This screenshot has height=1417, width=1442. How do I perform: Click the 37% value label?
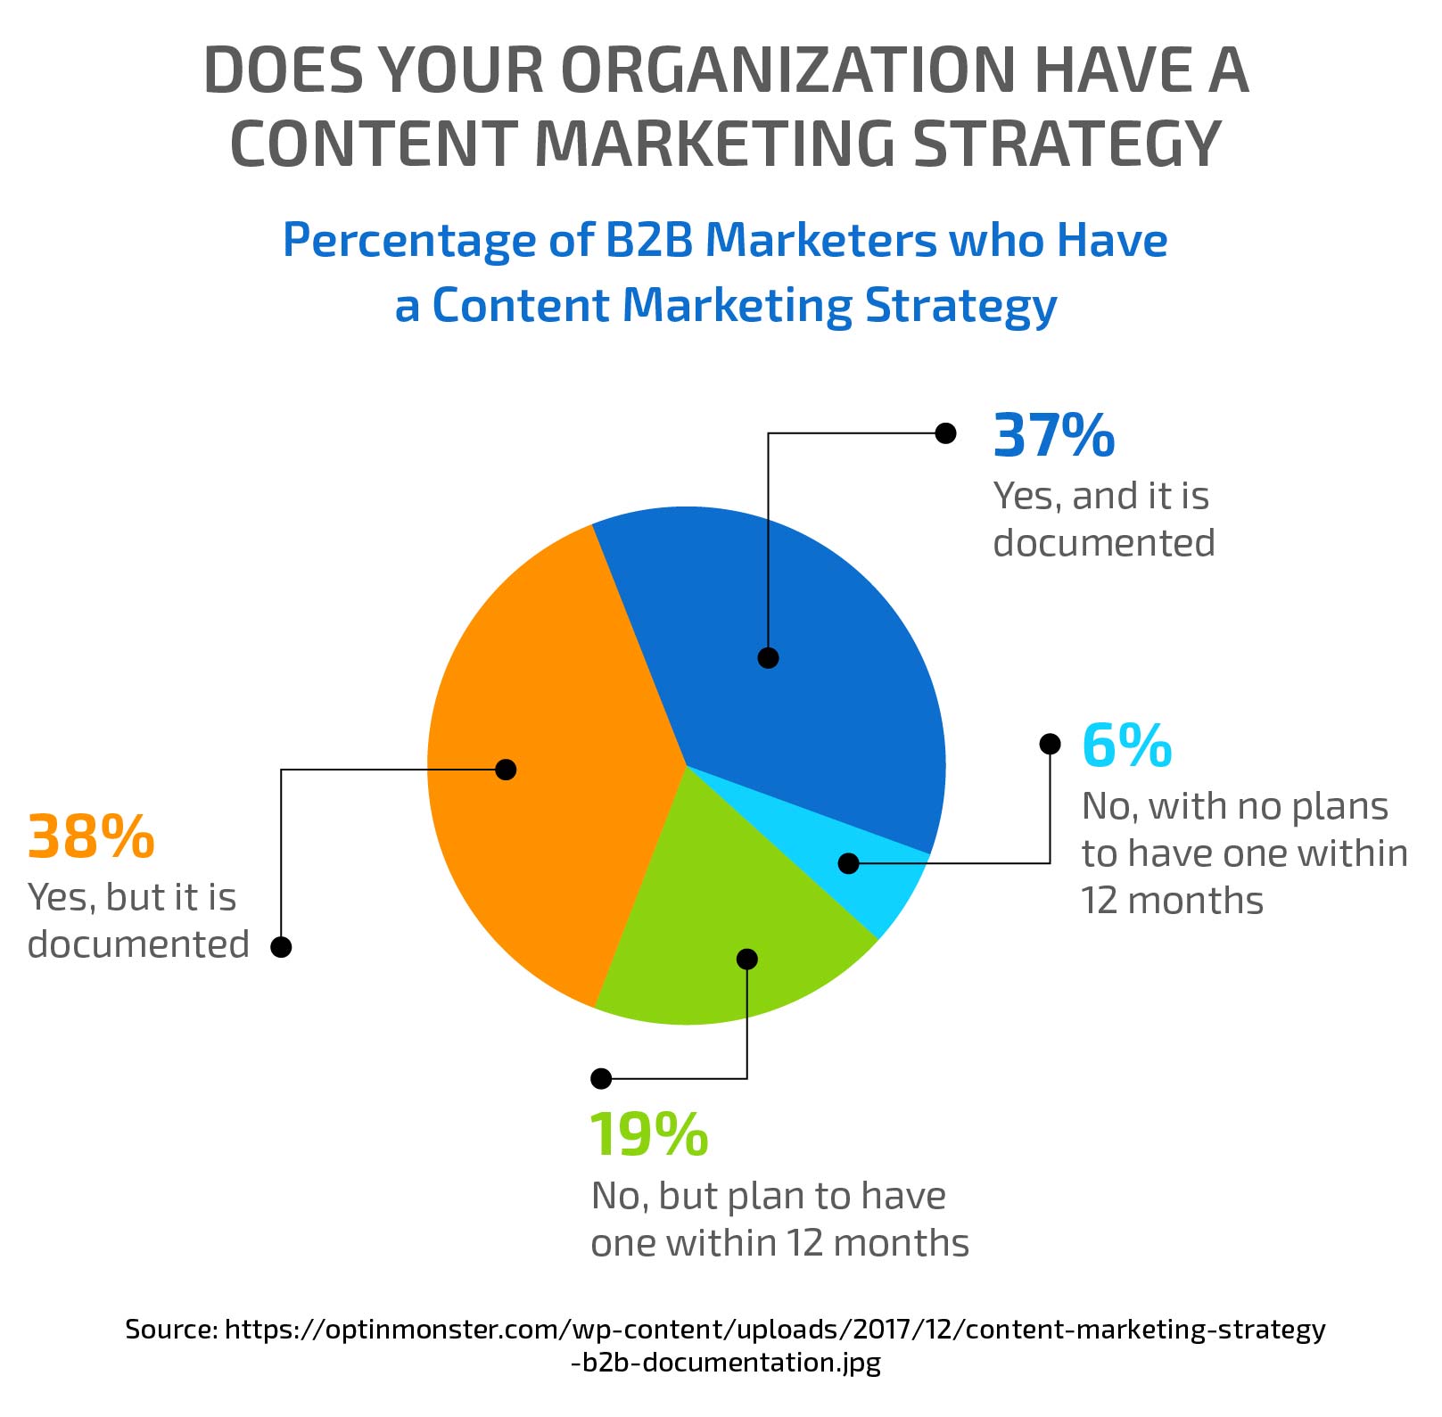(1053, 435)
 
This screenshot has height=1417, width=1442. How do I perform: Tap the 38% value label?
(91, 836)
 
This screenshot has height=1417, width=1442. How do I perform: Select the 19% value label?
(648, 1135)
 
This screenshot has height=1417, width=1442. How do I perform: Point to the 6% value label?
(1126, 746)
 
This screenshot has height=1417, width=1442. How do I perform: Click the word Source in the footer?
(170, 1330)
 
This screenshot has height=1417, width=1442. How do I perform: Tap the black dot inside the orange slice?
(506, 769)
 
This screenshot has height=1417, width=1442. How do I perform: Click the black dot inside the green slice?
(747, 959)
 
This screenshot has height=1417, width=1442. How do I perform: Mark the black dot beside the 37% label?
(945, 433)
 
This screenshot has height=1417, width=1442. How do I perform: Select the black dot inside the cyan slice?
(848, 863)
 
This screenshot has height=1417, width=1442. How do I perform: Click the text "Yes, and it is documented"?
(1103, 519)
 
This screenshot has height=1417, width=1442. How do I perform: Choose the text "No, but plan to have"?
(768, 1196)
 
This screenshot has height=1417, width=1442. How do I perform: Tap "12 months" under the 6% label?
(1172, 901)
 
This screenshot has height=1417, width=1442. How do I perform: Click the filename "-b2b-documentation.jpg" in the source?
(725, 1363)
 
